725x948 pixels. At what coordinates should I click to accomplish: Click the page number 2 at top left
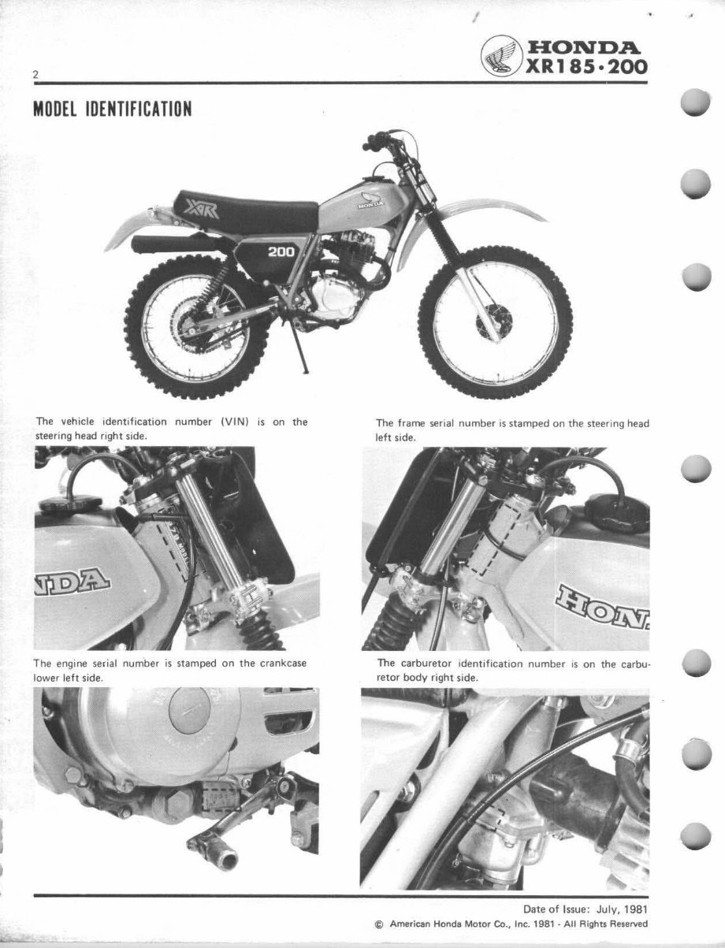click(36, 75)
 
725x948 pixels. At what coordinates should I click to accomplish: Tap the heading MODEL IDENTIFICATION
click(112, 108)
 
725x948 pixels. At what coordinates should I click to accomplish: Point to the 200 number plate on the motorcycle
click(281, 253)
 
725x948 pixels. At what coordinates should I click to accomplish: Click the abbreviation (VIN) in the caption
click(234, 422)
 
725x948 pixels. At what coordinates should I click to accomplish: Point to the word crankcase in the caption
click(283, 664)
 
